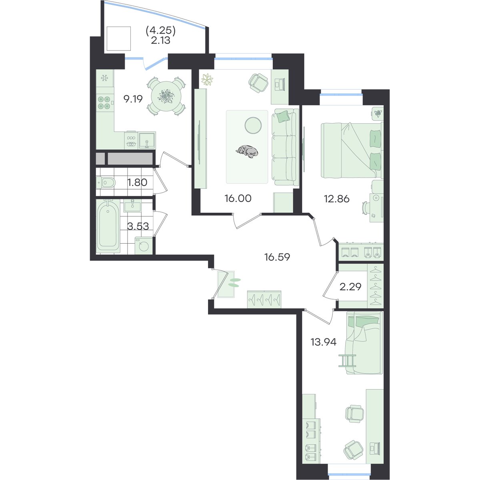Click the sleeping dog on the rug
pos(247,151)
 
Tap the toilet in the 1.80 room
pos(106,183)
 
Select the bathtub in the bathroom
pos(108,226)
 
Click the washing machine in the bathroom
pos(144,246)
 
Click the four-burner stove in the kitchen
pos(104,103)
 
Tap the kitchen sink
pos(147,140)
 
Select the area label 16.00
pos(238,198)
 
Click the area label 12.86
pos(336,199)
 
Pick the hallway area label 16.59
pos(277,257)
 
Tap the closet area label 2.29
pos(350,287)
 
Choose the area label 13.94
pos(323,342)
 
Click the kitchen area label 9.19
pos(133,99)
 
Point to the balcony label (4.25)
pos(161,31)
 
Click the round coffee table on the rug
pos(253,125)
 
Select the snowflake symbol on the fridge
pos(104,78)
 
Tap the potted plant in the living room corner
pos(207,80)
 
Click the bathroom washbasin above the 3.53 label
pos(132,206)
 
